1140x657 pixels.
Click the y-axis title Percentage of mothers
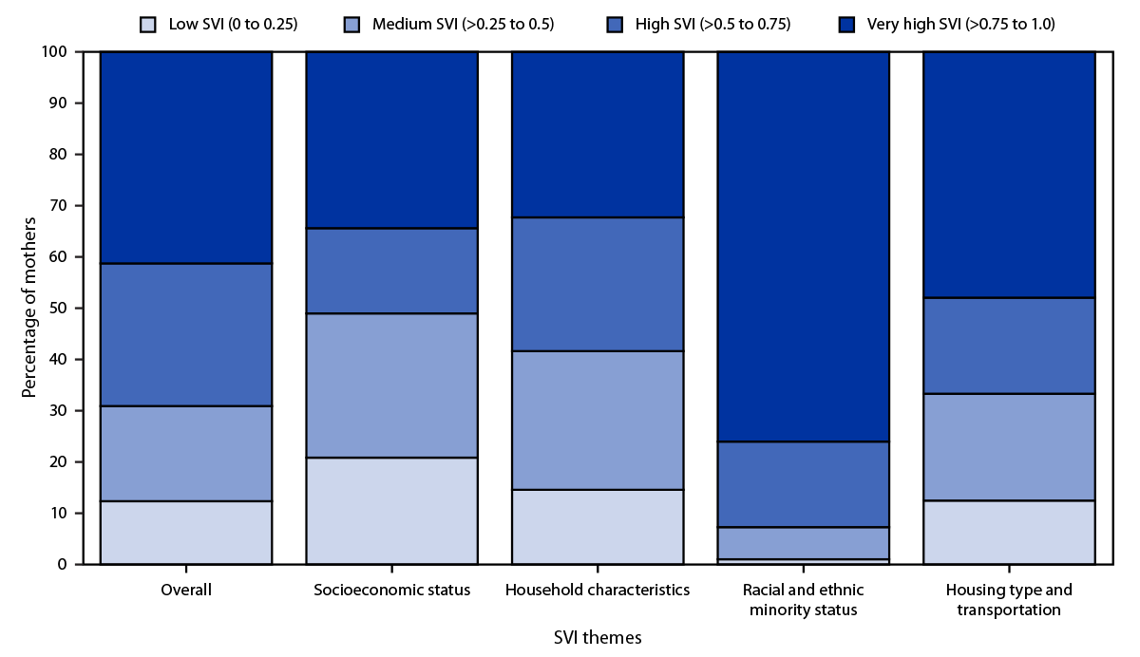(x=29, y=308)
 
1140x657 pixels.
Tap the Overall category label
(x=186, y=590)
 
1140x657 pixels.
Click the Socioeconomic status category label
(x=391, y=590)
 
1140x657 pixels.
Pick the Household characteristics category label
(x=598, y=590)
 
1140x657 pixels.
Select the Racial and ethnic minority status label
(x=803, y=599)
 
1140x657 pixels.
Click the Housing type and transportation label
(x=1009, y=599)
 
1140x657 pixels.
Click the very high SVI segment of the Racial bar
(x=803, y=247)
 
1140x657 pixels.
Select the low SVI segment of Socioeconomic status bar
(x=391, y=511)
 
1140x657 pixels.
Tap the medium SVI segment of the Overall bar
(x=186, y=453)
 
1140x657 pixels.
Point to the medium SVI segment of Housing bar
(x=1009, y=446)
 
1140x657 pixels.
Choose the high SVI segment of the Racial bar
(x=803, y=484)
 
